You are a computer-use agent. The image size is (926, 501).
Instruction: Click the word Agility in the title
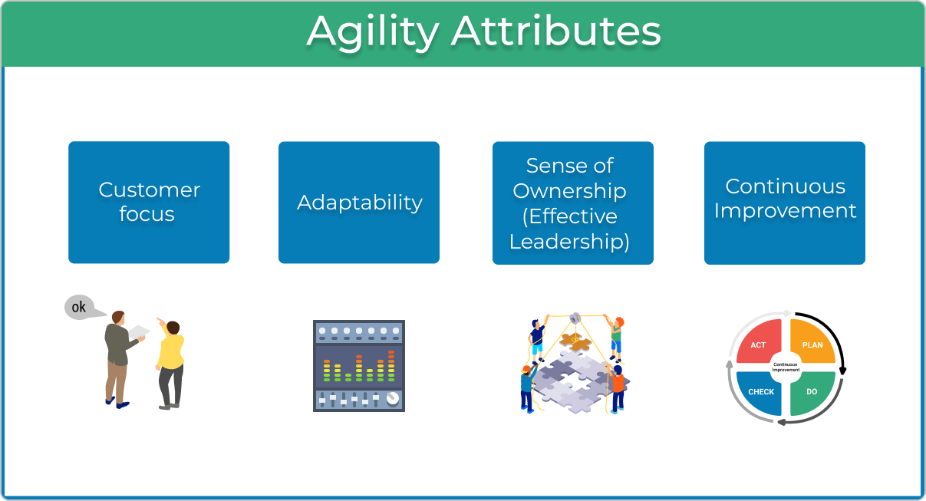[x=372, y=33]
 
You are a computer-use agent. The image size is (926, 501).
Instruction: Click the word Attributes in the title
[x=556, y=31]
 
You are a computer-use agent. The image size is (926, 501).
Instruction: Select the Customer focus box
[x=149, y=202]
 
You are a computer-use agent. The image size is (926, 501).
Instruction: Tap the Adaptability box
[x=359, y=202]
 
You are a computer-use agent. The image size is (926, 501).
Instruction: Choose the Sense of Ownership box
[x=573, y=203]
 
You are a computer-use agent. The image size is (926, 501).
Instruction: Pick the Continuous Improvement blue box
[x=785, y=203]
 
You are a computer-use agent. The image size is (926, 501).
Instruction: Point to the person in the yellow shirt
[x=171, y=364]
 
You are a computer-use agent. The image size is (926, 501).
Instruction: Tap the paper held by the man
[x=139, y=331]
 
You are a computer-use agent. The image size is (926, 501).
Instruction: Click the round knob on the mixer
[x=392, y=398]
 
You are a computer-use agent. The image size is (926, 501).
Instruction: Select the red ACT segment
[x=759, y=341]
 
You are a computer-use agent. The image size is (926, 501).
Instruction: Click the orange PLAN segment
[x=812, y=341]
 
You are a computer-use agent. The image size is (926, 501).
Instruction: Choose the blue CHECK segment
[x=760, y=393]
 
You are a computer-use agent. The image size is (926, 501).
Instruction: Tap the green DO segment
[x=812, y=393]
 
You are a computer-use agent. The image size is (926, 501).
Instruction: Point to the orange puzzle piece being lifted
[x=575, y=341]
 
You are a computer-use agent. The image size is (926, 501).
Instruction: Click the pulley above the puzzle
[x=575, y=318]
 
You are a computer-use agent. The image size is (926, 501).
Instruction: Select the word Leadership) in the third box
[x=569, y=242]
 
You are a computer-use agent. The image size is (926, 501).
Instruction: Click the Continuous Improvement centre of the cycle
[x=786, y=367]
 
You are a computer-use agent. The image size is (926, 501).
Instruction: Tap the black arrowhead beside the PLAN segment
[x=843, y=371]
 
